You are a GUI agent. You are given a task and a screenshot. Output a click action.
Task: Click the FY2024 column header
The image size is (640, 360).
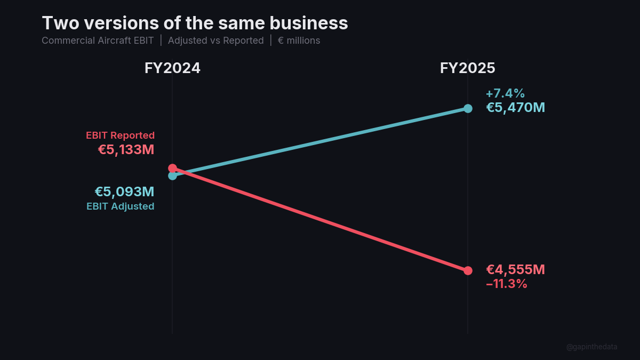coord(172,68)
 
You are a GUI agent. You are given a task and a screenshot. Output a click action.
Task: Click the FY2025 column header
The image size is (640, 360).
coord(467,68)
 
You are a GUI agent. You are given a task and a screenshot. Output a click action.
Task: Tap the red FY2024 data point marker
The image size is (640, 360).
coord(172,168)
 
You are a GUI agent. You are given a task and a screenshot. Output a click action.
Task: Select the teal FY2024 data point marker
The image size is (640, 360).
coord(172,176)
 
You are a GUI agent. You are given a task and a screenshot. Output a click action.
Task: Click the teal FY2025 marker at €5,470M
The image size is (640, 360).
coord(468,108)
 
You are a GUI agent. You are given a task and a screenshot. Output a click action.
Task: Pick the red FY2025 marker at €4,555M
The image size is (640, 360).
coord(468,270)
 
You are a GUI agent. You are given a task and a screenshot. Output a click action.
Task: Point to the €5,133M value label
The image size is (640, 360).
coord(126,150)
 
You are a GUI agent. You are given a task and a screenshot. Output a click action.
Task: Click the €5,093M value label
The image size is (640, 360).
coord(124,192)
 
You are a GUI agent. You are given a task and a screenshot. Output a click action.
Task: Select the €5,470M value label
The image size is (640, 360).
coord(515,108)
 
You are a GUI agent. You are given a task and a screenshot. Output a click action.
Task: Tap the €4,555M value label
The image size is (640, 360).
coord(515,270)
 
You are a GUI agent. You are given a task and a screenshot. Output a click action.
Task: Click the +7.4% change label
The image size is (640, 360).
coord(505,94)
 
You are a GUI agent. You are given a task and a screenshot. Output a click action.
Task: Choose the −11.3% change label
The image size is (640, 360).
coord(506,284)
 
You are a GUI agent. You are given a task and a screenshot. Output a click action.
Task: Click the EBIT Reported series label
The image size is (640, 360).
coord(120,135)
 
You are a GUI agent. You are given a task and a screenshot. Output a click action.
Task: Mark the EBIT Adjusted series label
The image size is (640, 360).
coord(120,206)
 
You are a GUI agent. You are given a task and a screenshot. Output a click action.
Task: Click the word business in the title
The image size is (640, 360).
coord(309,23)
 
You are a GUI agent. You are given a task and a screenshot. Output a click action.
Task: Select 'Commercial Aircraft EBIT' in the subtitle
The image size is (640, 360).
coord(98,41)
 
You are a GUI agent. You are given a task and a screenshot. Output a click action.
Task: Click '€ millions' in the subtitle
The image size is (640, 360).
coord(299,41)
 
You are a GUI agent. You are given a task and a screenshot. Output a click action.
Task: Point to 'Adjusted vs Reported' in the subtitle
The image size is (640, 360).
coord(215,41)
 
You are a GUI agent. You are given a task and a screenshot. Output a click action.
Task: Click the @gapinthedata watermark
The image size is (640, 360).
coord(591,347)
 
